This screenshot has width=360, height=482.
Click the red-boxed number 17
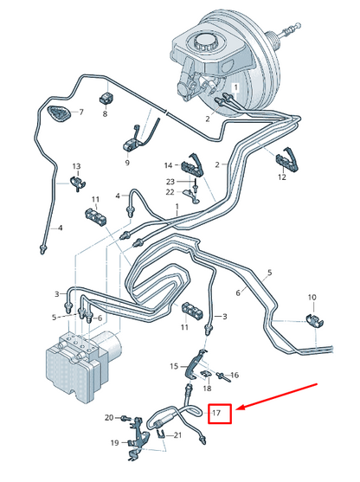click(216, 413)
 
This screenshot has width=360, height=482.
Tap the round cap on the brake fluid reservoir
click(203, 42)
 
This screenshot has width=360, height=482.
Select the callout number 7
click(81, 112)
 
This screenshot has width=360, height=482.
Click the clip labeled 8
click(106, 98)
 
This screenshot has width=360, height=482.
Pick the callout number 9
click(127, 163)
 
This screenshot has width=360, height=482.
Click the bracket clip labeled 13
click(78, 183)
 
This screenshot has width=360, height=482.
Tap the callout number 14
click(168, 165)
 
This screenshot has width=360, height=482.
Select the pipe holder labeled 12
click(286, 160)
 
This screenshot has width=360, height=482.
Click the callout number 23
click(170, 182)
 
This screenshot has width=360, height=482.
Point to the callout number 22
click(170, 192)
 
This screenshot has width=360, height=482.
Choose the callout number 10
click(312, 298)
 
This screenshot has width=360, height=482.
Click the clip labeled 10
click(314, 321)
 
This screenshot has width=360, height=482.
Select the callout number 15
click(174, 366)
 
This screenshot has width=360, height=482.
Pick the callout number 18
click(207, 389)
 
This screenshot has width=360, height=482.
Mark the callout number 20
click(109, 417)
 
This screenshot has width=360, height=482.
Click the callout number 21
click(177, 435)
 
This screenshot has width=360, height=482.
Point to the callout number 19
click(115, 443)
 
